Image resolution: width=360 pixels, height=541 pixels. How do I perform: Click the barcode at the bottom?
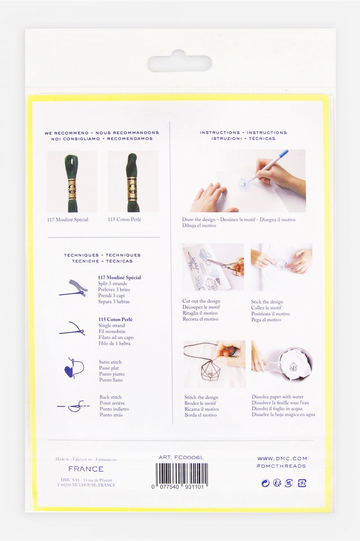click(182, 474)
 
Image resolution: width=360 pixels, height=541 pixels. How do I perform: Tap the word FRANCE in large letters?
click(86, 469)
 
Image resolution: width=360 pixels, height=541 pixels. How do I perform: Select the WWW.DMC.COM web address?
click(282, 458)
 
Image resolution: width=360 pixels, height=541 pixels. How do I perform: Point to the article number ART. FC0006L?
click(181, 457)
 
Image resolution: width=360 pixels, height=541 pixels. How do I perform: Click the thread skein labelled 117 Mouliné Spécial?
click(72, 182)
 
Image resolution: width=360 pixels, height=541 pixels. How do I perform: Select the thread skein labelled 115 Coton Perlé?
click(133, 182)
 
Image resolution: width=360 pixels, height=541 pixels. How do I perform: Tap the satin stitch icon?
click(74, 367)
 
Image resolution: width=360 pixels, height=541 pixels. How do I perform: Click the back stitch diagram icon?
click(74, 406)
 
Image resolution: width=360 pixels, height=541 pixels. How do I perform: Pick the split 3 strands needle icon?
click(74, 288)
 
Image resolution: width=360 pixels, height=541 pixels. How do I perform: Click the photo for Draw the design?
click(244, 181)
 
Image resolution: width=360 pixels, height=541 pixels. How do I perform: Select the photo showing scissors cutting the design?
click(213, 267)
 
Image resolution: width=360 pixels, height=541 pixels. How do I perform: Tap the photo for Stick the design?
click(281, 267)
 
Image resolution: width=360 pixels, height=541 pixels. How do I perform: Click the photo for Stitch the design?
click(214, 364)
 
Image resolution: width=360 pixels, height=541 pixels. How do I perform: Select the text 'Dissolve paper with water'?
click(277, 397)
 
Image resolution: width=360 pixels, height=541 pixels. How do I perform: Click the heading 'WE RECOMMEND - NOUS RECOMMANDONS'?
click(102, 133)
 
